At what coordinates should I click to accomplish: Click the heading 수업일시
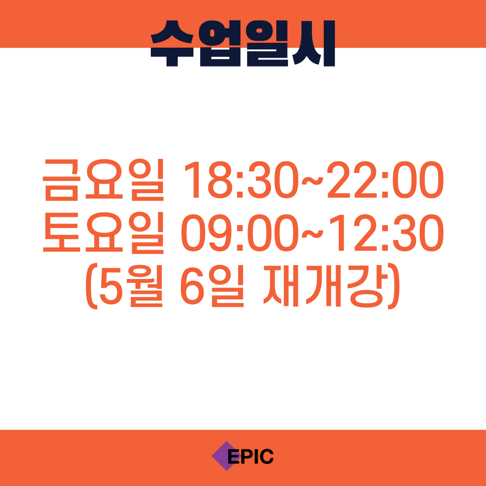[243, 43]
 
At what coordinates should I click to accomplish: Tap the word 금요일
[103, 180]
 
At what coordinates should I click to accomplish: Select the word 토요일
[103, 233]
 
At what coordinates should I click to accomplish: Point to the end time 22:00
[385, 180]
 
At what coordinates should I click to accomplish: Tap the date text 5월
[131, 286]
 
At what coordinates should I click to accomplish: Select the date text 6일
[212, 286]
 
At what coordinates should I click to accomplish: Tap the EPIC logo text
[251, 456]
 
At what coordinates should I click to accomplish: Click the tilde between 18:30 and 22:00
[312, 181]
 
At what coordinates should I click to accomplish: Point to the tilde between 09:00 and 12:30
[312, 234]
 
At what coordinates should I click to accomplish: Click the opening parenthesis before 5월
[92, 286]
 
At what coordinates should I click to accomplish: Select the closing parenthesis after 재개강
[394, 286]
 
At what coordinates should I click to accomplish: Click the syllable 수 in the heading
[172, 43]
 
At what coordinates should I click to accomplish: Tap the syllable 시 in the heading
[314, 43]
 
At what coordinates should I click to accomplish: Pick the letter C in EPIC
[266, 456]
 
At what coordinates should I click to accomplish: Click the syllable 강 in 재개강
[368, 286]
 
